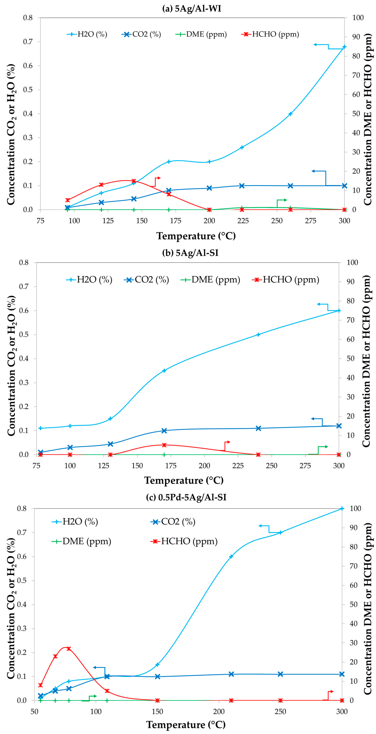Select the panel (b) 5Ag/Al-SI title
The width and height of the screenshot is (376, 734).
(190, 253)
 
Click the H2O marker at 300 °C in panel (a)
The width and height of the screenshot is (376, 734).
(344, 47)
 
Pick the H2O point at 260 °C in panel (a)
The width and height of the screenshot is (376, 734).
(290, 114)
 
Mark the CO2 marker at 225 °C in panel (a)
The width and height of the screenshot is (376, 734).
(242, 186)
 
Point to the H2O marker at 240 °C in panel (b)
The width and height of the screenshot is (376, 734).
(258, 334)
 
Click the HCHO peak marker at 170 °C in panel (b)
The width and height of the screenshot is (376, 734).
(164, 445)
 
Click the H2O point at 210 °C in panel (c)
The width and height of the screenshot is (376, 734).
(231, 556)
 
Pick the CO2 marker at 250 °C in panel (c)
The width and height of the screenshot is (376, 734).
(280, 674)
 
